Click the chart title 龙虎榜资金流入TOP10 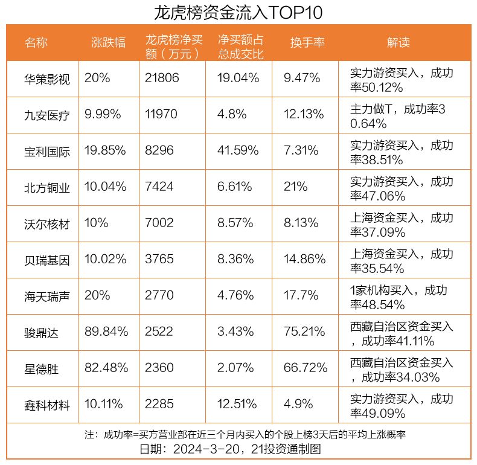pos(238,12)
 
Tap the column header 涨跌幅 pos(108,43)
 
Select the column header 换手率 pos(307,43)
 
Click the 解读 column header pos(398,43)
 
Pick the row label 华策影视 pos(47,79)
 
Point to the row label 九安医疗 pos(47,115)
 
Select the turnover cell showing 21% pos(296,187)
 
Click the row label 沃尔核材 pos(47,224)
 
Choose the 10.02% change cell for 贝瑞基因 pos(106,259)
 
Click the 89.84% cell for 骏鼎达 pos(106,332)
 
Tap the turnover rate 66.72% pos(306,368)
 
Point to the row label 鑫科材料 pos(47,405)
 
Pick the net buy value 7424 pos(159,187)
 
